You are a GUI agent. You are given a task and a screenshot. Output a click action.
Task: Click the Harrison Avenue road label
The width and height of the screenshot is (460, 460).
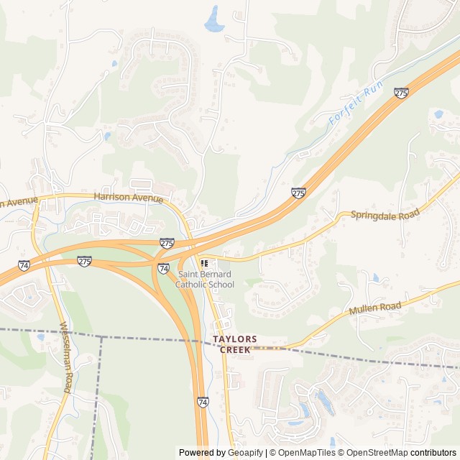[128, 197]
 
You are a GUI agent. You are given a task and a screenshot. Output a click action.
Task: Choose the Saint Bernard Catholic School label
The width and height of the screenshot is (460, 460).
[206, 279]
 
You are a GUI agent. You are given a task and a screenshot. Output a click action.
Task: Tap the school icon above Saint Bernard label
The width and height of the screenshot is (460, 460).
[204, 263]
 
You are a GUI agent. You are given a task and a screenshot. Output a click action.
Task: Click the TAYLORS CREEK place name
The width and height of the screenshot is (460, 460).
[235, 344]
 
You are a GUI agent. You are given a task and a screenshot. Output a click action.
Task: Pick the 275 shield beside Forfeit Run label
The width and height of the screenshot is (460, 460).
[401, 93]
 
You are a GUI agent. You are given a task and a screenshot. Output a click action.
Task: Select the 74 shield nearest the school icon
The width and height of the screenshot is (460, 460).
[164, 268]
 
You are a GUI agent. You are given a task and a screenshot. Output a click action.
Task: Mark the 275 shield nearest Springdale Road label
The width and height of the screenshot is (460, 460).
[298, 193]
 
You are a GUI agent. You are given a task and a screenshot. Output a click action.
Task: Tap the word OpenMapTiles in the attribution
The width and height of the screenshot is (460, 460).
[307, 453]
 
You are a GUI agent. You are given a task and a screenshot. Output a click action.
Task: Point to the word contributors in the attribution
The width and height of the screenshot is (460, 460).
[433, 453]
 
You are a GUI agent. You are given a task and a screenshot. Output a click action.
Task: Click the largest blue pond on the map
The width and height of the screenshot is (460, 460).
[214, 20]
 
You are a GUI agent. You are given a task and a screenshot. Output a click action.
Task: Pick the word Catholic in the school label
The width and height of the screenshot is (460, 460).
[193, 284]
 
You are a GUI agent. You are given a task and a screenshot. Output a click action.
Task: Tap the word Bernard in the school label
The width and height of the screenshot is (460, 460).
[216, 274]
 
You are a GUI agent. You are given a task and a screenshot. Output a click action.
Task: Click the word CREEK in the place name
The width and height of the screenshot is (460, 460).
[235, 349]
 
